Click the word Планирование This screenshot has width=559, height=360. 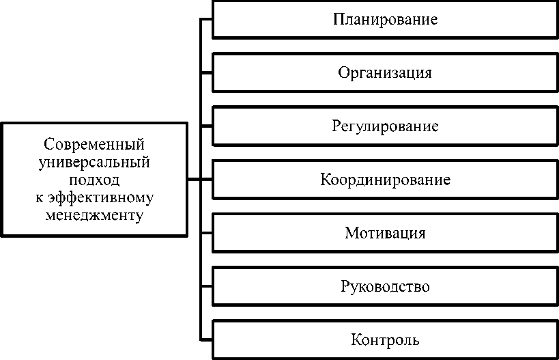point(385,19)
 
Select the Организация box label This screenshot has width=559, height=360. point(385,72)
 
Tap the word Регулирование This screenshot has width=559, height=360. point(385,126)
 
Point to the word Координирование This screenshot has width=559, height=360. point(385,180)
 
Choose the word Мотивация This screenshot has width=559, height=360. point(385,233)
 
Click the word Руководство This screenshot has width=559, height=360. point(385,286)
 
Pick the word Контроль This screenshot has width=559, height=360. point(385,340)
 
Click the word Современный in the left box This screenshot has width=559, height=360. point(94,145)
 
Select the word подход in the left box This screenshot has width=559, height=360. point(94,180)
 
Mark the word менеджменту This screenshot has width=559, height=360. point(94,215)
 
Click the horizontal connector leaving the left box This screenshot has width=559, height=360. point(193,180)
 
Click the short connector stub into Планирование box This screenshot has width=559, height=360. point(206,19)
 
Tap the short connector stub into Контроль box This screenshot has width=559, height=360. point(206,340)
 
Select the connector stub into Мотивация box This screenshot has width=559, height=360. point(206,233)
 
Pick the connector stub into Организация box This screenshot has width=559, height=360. point(206,72)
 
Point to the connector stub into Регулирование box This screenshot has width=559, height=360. point(206,126)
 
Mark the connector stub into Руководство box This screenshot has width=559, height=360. point(206,286)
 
